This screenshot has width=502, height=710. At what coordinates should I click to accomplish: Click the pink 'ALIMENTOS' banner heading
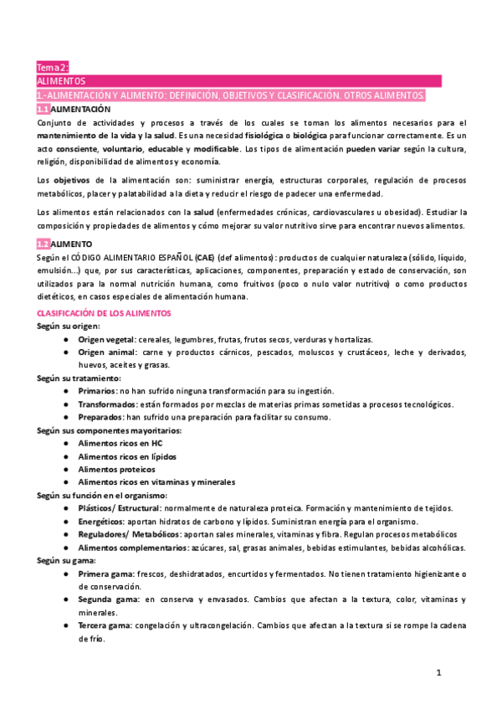62,81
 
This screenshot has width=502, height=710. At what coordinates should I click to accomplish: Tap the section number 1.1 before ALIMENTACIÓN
44,110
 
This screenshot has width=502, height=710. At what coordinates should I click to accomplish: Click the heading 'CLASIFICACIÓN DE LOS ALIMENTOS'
104,312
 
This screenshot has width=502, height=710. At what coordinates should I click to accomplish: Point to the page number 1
438,672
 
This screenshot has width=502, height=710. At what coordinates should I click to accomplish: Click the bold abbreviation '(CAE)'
203,256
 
